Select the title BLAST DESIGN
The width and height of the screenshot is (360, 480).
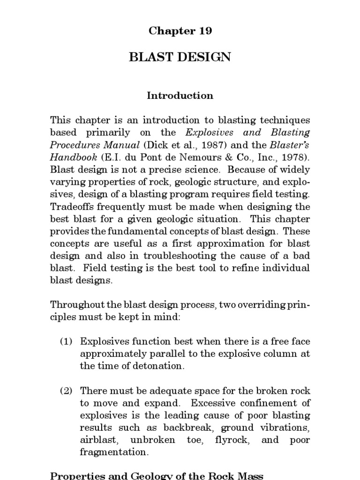pos(180,57)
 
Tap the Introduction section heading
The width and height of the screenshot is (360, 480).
pos(180,96)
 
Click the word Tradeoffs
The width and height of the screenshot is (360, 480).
pos(73,207)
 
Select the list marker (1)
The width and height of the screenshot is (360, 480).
pos(67,342)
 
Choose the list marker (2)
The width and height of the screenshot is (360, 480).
pos(67,390)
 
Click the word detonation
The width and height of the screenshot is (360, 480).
pos(158,366)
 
